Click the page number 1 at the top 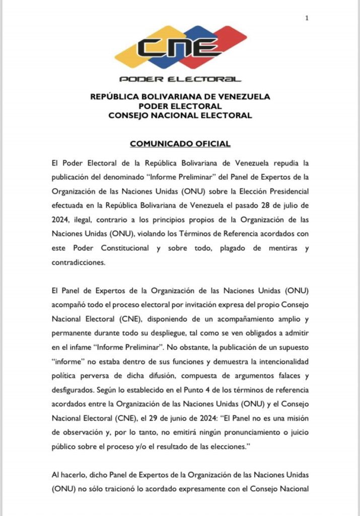(x=307, y=18)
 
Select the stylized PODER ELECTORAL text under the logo (x=180, y=79)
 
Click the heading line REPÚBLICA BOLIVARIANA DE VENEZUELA (x=180, y=96)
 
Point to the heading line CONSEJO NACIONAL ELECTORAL (x=180, y=115)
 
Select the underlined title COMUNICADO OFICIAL (x=180, y=144)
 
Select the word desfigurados (x=74, y=390)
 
